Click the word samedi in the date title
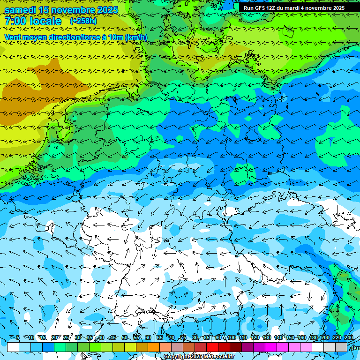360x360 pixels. [x=22, y=10]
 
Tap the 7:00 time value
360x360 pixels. [x=15, y=22]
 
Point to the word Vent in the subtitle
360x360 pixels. [x=13, y=37]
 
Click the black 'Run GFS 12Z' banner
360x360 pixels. [x=294, y=8]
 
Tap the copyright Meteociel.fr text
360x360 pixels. [x=199, y=357]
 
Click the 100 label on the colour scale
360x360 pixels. [x=231, y=338]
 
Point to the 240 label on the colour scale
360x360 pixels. [x=348, y=338]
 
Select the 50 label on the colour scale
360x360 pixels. [x=124, y=338]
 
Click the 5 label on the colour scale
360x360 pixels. [x=18, y=338]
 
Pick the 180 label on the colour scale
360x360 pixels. [x=313, y=338]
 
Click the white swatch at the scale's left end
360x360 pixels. [x=13, y=347]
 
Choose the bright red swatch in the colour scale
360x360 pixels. [x=212, y=347]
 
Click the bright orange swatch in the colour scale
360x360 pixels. [x=154, y=347]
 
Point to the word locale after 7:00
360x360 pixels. [x=45, y=22]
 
